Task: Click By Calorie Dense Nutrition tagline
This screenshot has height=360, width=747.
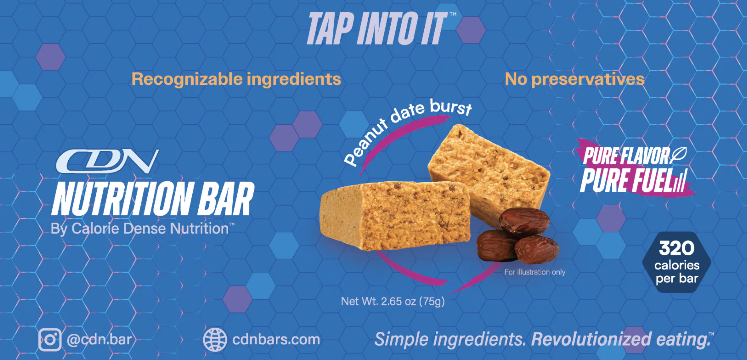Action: coord(142,228)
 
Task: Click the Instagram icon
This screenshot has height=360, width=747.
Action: coord(50,339)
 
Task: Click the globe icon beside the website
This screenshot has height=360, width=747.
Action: coord(215,339)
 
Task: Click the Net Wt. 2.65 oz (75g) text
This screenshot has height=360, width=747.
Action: coord(393,301)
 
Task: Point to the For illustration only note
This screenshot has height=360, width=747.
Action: coord(535,272)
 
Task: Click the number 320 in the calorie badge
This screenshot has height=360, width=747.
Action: coord(676,248)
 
